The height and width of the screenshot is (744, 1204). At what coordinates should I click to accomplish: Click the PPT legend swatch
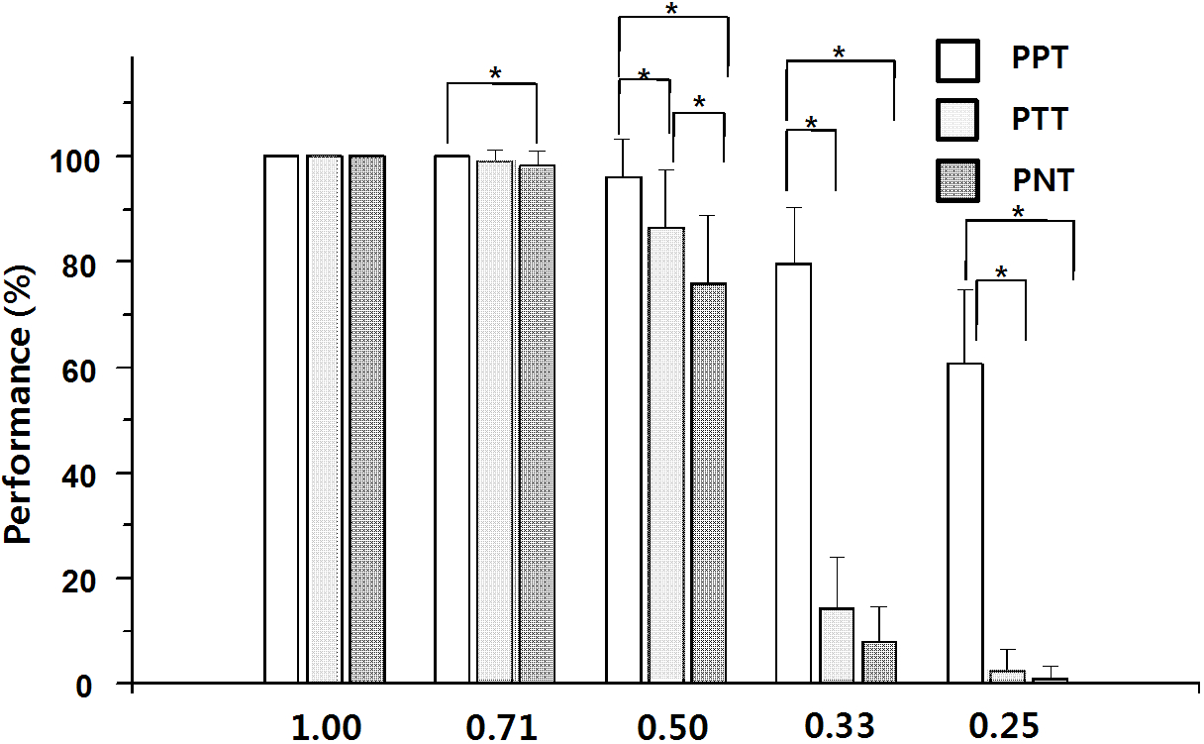(957, 60)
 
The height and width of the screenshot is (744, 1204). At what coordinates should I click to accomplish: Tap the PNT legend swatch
(957, 181)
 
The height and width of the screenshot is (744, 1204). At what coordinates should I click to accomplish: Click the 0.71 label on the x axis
(500, 728)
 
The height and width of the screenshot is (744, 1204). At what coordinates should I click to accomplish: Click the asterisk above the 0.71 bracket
(495, 74)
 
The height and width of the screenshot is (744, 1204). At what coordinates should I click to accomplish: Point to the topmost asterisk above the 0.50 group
(671, 10)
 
